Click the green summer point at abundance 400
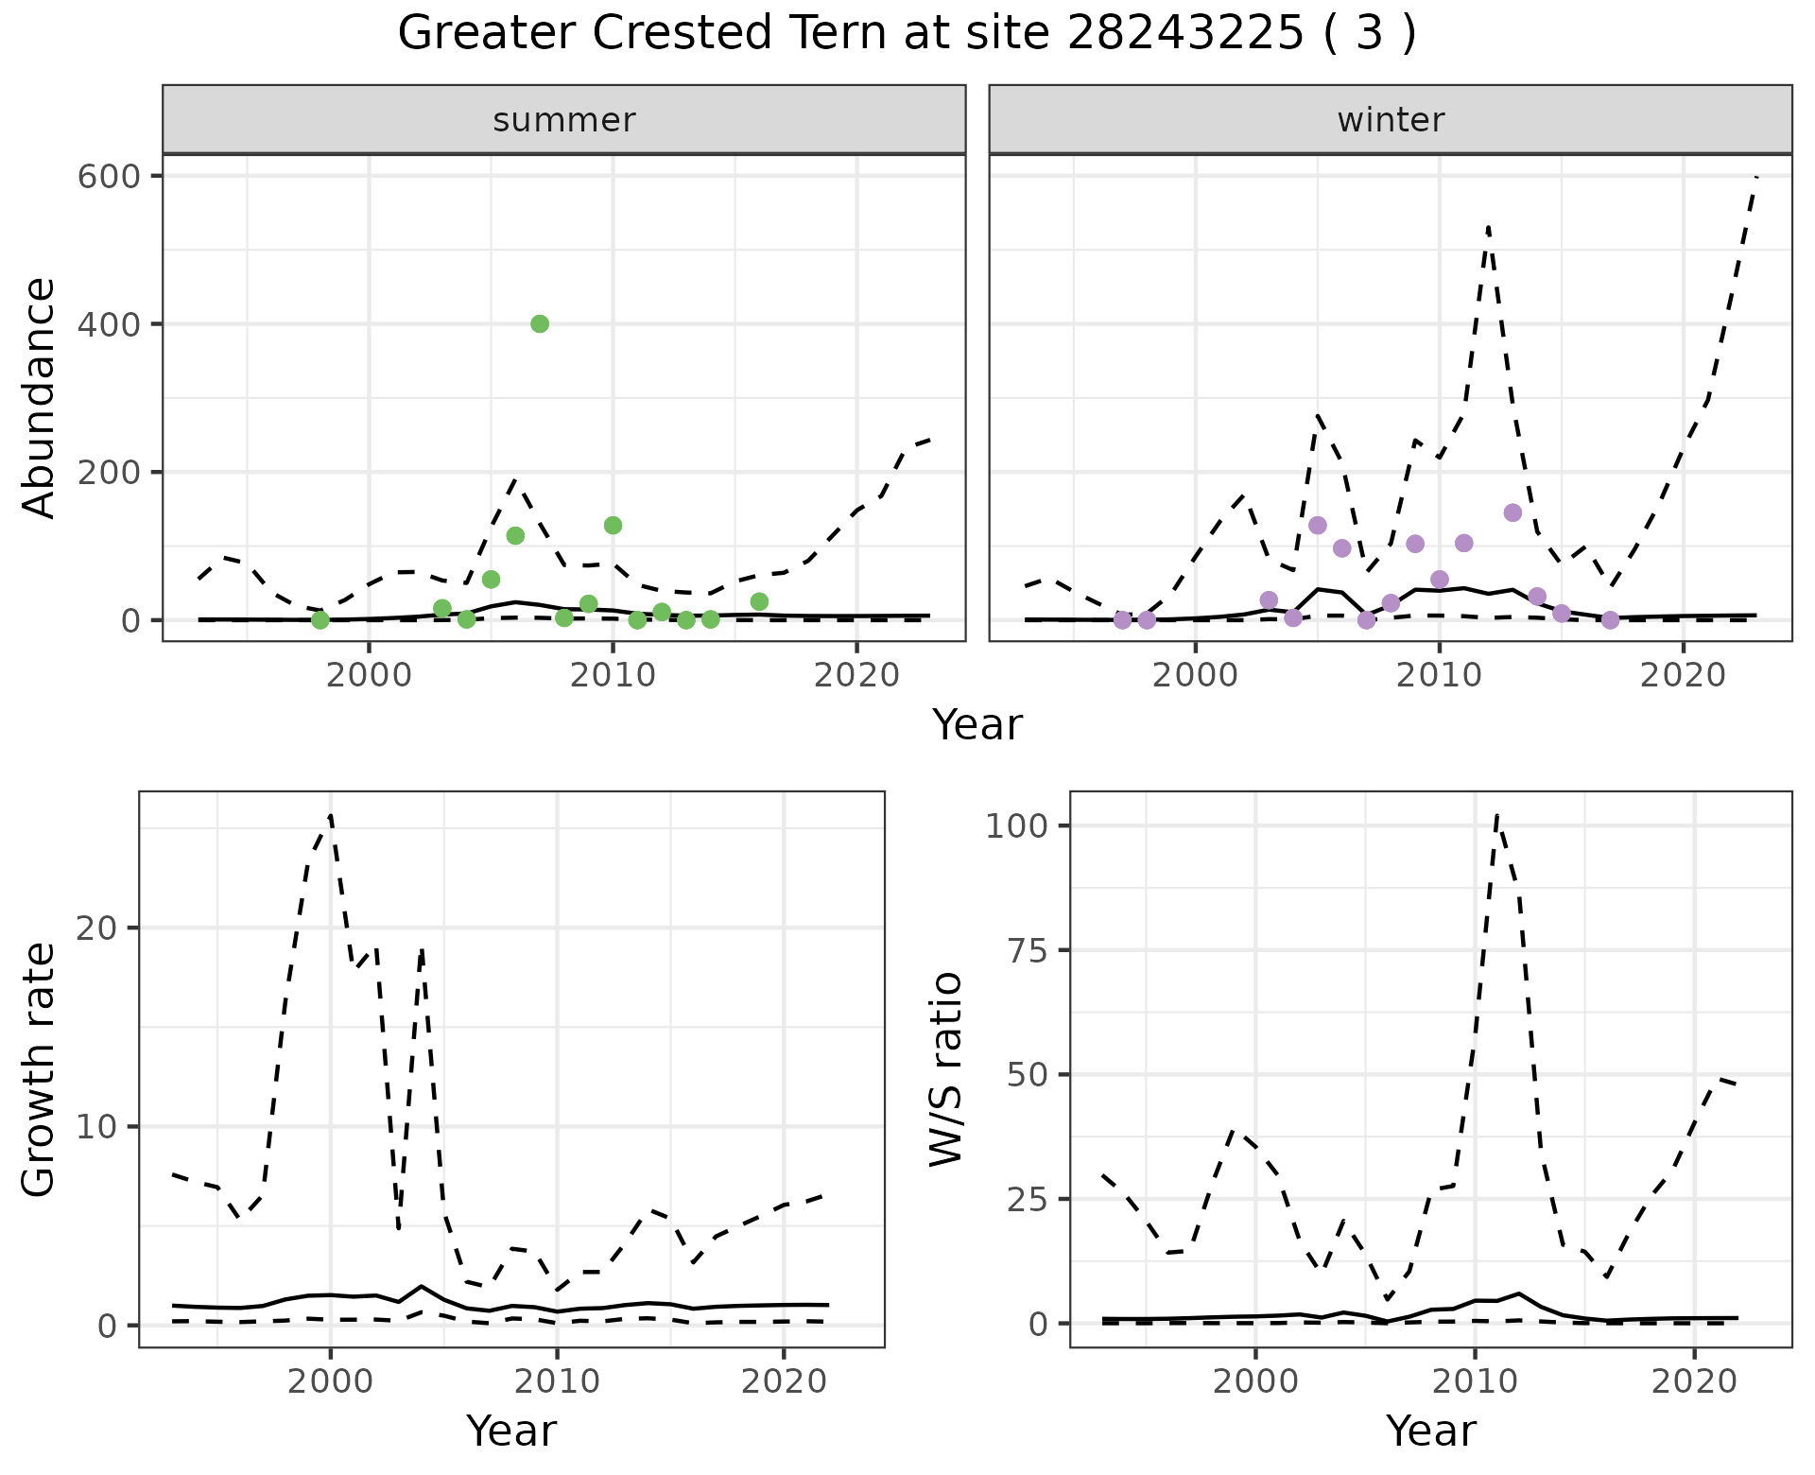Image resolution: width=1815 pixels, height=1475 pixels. [540, 324]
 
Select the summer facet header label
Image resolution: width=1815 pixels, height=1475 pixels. [564, 120]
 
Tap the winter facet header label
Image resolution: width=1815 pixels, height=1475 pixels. [1391, 120]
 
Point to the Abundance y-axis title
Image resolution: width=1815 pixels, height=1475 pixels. [40, 398]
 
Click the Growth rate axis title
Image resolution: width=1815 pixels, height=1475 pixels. [40, 1069]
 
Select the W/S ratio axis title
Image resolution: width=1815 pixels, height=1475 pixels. [946, 1069]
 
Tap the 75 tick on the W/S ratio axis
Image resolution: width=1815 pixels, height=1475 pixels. [1030, 950]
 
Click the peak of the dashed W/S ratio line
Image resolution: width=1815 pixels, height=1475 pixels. [1497, 815]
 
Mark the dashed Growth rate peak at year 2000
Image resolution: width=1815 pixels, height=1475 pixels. [331, 815]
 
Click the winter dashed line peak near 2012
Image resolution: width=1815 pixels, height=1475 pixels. [1488, 227]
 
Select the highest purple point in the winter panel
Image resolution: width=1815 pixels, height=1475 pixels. [1512, 512]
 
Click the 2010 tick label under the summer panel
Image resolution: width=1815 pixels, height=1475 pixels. [613, 676]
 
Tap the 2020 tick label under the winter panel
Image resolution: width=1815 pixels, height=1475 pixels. [1683, 676]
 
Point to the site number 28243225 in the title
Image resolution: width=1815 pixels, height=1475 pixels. [1184, 34]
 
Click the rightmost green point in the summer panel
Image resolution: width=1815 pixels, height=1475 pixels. [759, 601]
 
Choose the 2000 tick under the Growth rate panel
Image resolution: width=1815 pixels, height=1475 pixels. [331, 1381]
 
